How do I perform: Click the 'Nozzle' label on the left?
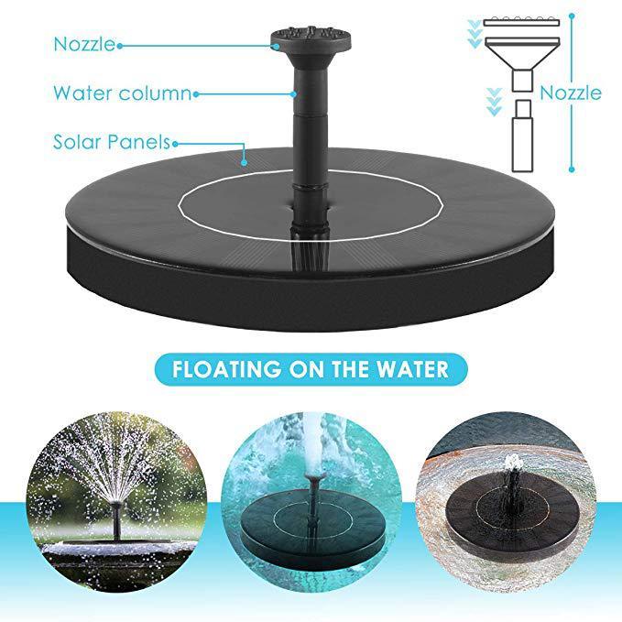pyautogui.click(x=83, y=43)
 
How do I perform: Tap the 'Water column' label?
pyautogui.click(x=122, y=93)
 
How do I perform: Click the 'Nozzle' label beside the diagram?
pyautogui.click(x=571, y=93)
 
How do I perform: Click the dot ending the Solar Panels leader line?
pyautogui.click(x=245, y=163)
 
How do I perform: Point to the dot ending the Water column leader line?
pyautogui.click(x=196, y=93)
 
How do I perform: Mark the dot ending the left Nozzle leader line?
pyautogui.click(x=120, y=44)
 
